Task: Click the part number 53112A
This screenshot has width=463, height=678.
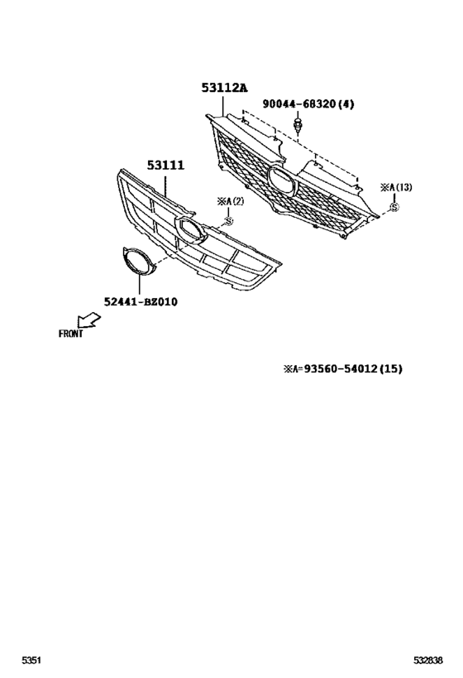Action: tap(224, 88)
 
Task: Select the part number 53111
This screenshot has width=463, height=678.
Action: tap(165, 166)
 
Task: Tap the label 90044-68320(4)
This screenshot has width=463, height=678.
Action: tap(308, 104)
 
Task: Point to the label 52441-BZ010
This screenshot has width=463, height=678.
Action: tap(141, 302)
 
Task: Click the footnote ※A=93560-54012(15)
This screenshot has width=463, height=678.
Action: tap(342, 369)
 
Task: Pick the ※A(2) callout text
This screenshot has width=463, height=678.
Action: tap(230, 202)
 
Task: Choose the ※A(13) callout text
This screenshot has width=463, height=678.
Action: tap(396, 188)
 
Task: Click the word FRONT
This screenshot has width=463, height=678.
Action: tap(70, 334)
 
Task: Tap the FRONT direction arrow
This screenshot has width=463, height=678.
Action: tap(88, 320)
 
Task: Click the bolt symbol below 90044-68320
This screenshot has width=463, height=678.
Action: tap(297, 123)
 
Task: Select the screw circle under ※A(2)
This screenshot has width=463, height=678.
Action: tap(228, 221)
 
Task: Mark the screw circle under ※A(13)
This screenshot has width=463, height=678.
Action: tap(394, 208)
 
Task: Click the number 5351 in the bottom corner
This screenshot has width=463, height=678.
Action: tap(31, 661)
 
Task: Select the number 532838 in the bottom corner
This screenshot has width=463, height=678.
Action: tap(428, 661)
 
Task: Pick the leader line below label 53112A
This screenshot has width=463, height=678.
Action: tap(223, 105)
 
